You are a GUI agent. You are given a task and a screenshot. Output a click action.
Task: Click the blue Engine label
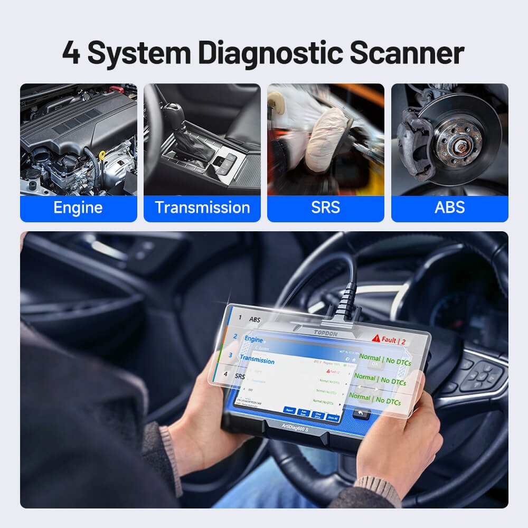click(x=78, y=208)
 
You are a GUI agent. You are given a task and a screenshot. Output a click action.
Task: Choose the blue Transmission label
click(x=202, y=208)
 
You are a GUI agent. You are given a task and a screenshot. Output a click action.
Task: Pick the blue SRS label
click(x=326, y=208)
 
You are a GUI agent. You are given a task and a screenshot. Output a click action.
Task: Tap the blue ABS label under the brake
click(x=449, y=208)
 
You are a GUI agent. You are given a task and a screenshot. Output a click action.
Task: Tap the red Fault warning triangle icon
click(x=376, y=337)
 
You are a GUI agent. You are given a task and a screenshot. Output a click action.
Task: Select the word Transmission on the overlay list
click(x=257, y=360)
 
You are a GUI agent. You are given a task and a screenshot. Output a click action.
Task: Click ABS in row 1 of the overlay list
click(x=254, y=319)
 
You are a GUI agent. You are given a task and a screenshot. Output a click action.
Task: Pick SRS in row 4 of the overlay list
click(x=240, y=376)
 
